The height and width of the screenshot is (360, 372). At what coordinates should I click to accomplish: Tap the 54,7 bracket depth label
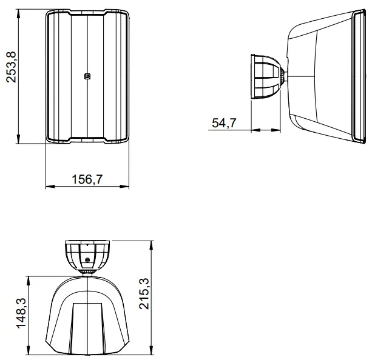224,123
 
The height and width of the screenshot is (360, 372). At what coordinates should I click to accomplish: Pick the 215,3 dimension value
144,295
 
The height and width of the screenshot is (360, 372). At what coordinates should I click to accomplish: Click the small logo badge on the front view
87,76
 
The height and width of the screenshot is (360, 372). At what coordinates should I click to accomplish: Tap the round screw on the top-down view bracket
88,260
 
